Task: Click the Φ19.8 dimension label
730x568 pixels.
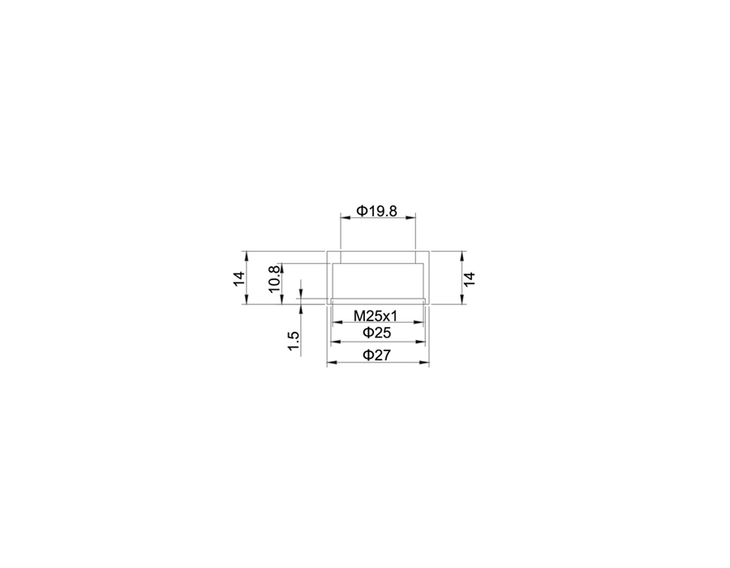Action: (376, 211)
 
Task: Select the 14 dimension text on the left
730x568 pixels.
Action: (238, 278)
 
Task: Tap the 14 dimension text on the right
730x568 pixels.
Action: (470, 279)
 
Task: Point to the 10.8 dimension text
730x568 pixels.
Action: (275, 278)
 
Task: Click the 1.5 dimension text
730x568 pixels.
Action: (294, 342)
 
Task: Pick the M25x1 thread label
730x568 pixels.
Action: (376, 316)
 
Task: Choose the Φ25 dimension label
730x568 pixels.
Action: (376, 333)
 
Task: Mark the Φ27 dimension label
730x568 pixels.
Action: (376, 355)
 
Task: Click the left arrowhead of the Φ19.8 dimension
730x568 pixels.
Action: (345, 217)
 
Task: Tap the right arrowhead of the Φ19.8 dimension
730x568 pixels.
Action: (410, 217)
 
